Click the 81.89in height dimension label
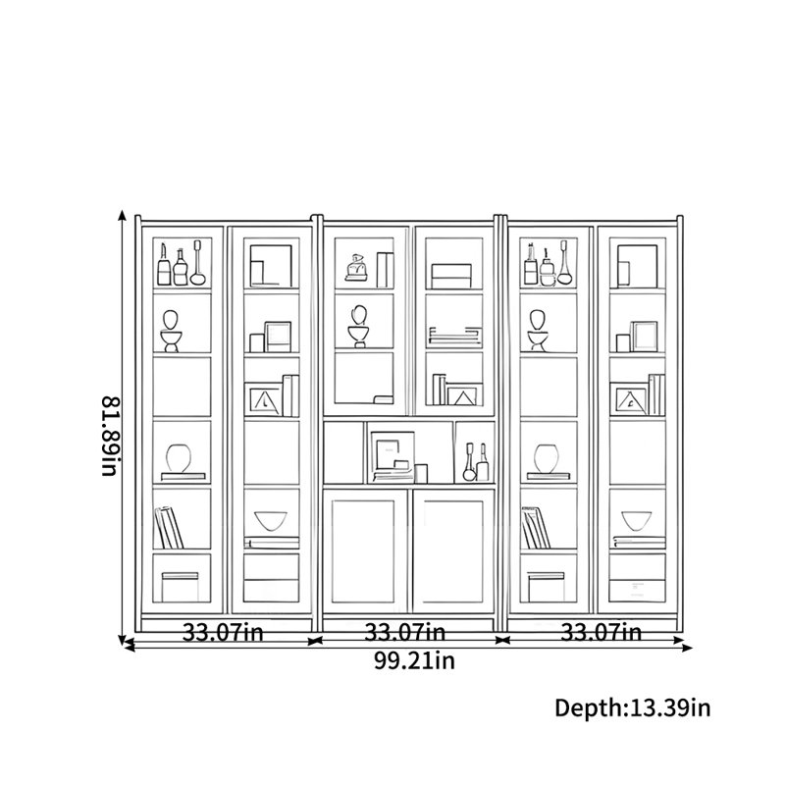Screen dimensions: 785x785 point(111,436)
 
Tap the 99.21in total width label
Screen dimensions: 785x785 point(414,660)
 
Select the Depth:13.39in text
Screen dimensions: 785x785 point(632,707)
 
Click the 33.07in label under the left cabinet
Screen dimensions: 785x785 point(223,632)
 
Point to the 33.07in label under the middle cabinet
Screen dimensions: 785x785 point(404,632)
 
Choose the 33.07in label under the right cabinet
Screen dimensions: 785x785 point(601,632)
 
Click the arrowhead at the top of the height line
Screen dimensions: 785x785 point(122,215)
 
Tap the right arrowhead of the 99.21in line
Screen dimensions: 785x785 point(687,648)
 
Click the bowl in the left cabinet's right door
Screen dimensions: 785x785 point(271,521)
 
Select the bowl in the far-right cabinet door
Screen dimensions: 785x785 point(636,521)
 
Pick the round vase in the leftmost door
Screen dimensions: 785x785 point(179,458)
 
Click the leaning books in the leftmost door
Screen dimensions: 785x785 point(169,528)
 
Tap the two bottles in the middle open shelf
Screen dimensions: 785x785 point(476,461)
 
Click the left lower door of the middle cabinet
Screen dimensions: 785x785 point(364,550)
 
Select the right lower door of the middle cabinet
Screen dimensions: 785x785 point(453,550)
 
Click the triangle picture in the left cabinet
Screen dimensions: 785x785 point(264,400)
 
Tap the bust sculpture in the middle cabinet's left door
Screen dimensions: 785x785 point(358,327)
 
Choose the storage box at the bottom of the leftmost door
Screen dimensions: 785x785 point(180,587)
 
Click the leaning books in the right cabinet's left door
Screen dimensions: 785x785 point(536,528)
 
